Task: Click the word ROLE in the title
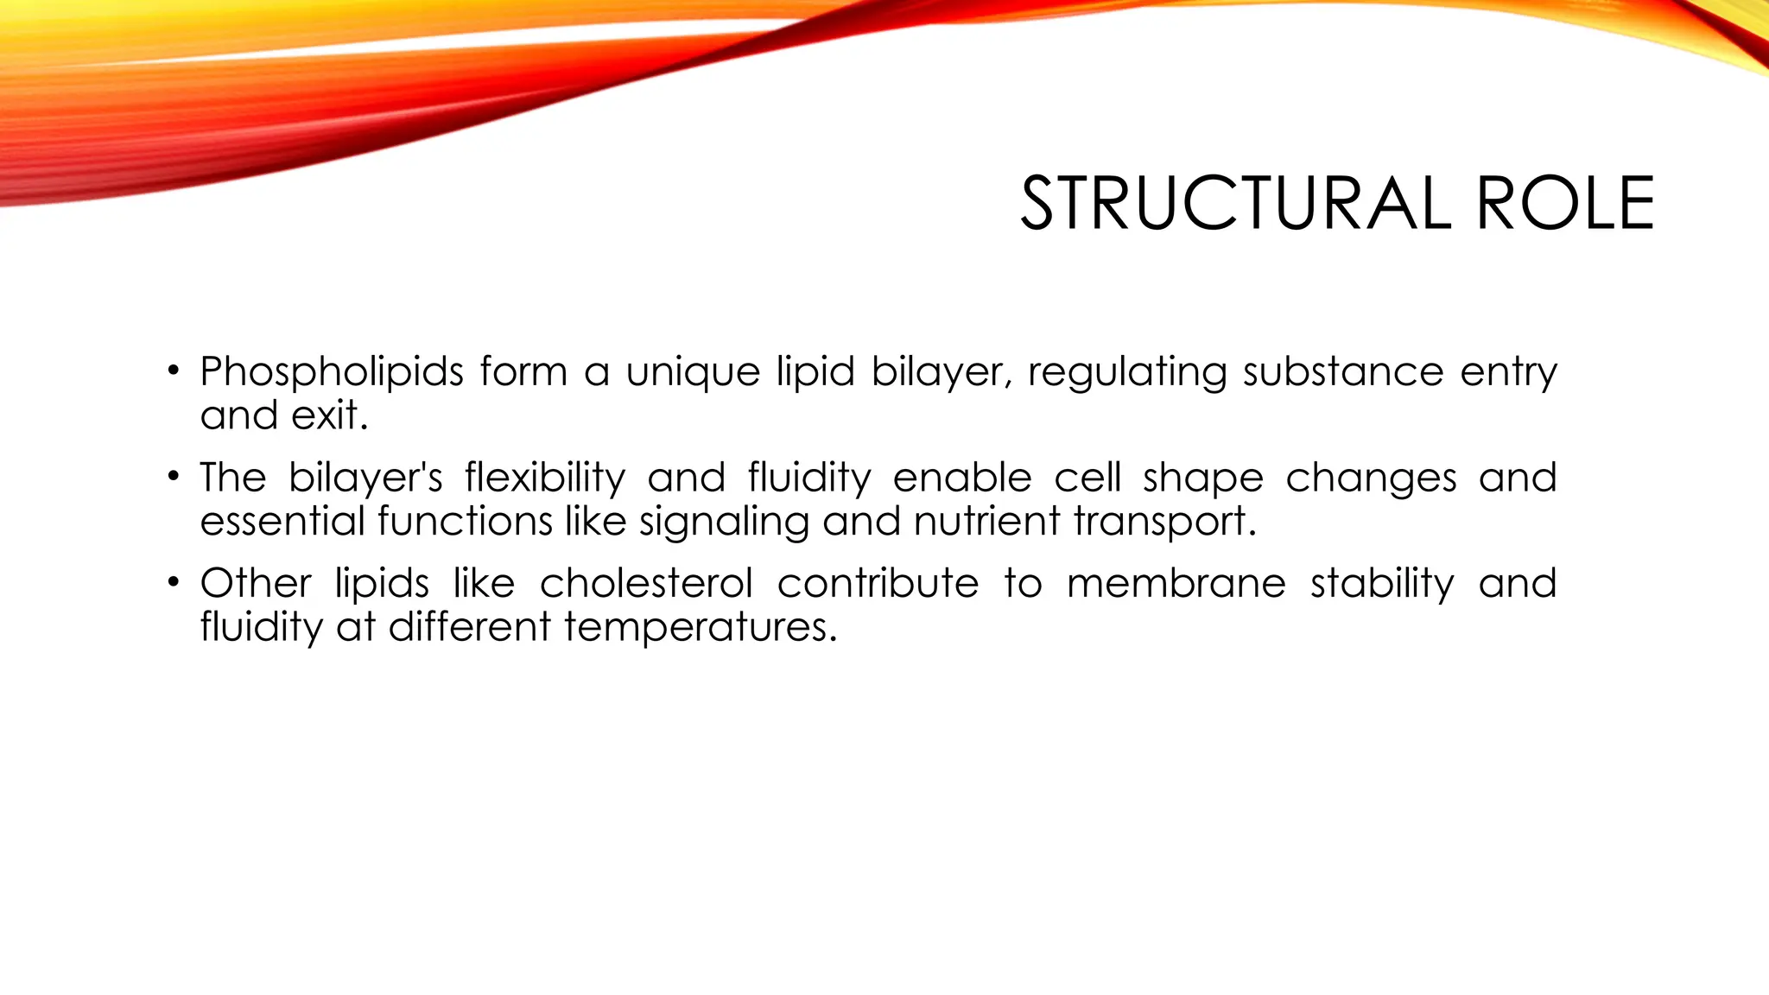1565,204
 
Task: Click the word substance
1342,371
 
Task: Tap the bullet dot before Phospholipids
174,371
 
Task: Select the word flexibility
544,478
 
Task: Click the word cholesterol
646,583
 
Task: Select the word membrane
1176,583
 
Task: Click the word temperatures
701,627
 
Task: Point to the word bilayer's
365,478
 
